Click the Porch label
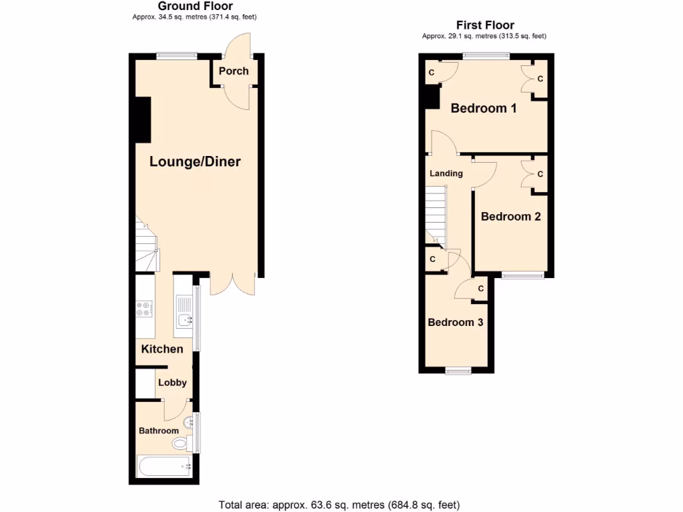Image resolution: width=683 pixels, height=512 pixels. (x=233, y=71)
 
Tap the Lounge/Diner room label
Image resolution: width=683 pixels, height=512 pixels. (x=195, y=161)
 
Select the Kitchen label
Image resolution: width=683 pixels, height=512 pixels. (x=162, y=349)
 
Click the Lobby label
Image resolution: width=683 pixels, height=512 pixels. (x=172, y=383)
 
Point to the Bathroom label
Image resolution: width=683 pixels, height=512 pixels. (x=159, y=431)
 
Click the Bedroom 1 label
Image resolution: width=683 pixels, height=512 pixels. (x=484, y=108)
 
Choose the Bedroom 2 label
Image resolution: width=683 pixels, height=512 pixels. (x=510, y=217)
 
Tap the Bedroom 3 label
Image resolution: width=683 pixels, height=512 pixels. (x=456, y=322)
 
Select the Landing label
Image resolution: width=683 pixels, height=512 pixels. (x=446, y=173)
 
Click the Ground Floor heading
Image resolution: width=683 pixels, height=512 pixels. (x=195, y=6)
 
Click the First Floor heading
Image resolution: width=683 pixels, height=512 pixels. (x=485, y=25)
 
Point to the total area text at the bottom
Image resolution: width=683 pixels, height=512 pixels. (x=339, y=505)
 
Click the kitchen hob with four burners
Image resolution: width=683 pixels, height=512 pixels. (x=143, y=308)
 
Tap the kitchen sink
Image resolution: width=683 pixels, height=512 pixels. (x=183, y=321)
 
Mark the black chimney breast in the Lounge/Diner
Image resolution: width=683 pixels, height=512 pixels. (x=142, y=120)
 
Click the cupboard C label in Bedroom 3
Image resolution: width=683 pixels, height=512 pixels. (x=481, y=289)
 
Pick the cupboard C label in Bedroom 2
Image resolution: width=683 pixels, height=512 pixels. (x=540, y=174)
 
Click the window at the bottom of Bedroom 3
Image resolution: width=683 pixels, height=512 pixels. (x=458, y=371)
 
